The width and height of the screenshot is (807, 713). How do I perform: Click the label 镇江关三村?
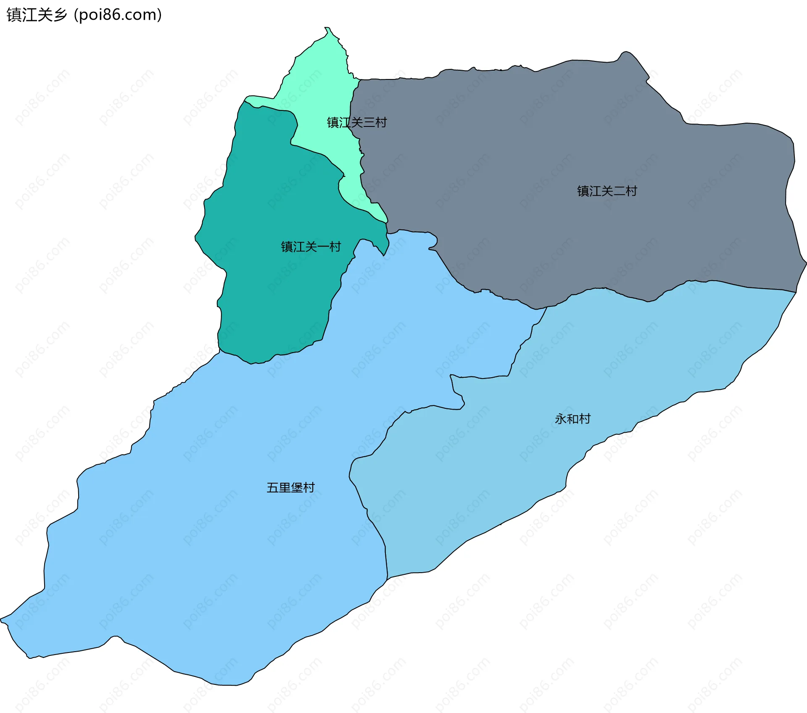tap(356, 123)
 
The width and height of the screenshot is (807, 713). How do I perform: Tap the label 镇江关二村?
tap(607, 191)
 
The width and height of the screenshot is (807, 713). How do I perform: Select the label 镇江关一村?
tap(311, 247)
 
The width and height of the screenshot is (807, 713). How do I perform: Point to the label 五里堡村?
tap(290, 487)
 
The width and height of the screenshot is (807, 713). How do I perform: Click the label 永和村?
tap(572, 419)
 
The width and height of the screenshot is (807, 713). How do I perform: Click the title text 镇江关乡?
tap(37, 15)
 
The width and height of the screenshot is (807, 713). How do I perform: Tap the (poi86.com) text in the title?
tap(118, 15)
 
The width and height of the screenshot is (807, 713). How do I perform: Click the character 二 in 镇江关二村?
tap(619, 191)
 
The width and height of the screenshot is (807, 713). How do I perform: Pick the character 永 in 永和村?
tap(561, 419)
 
